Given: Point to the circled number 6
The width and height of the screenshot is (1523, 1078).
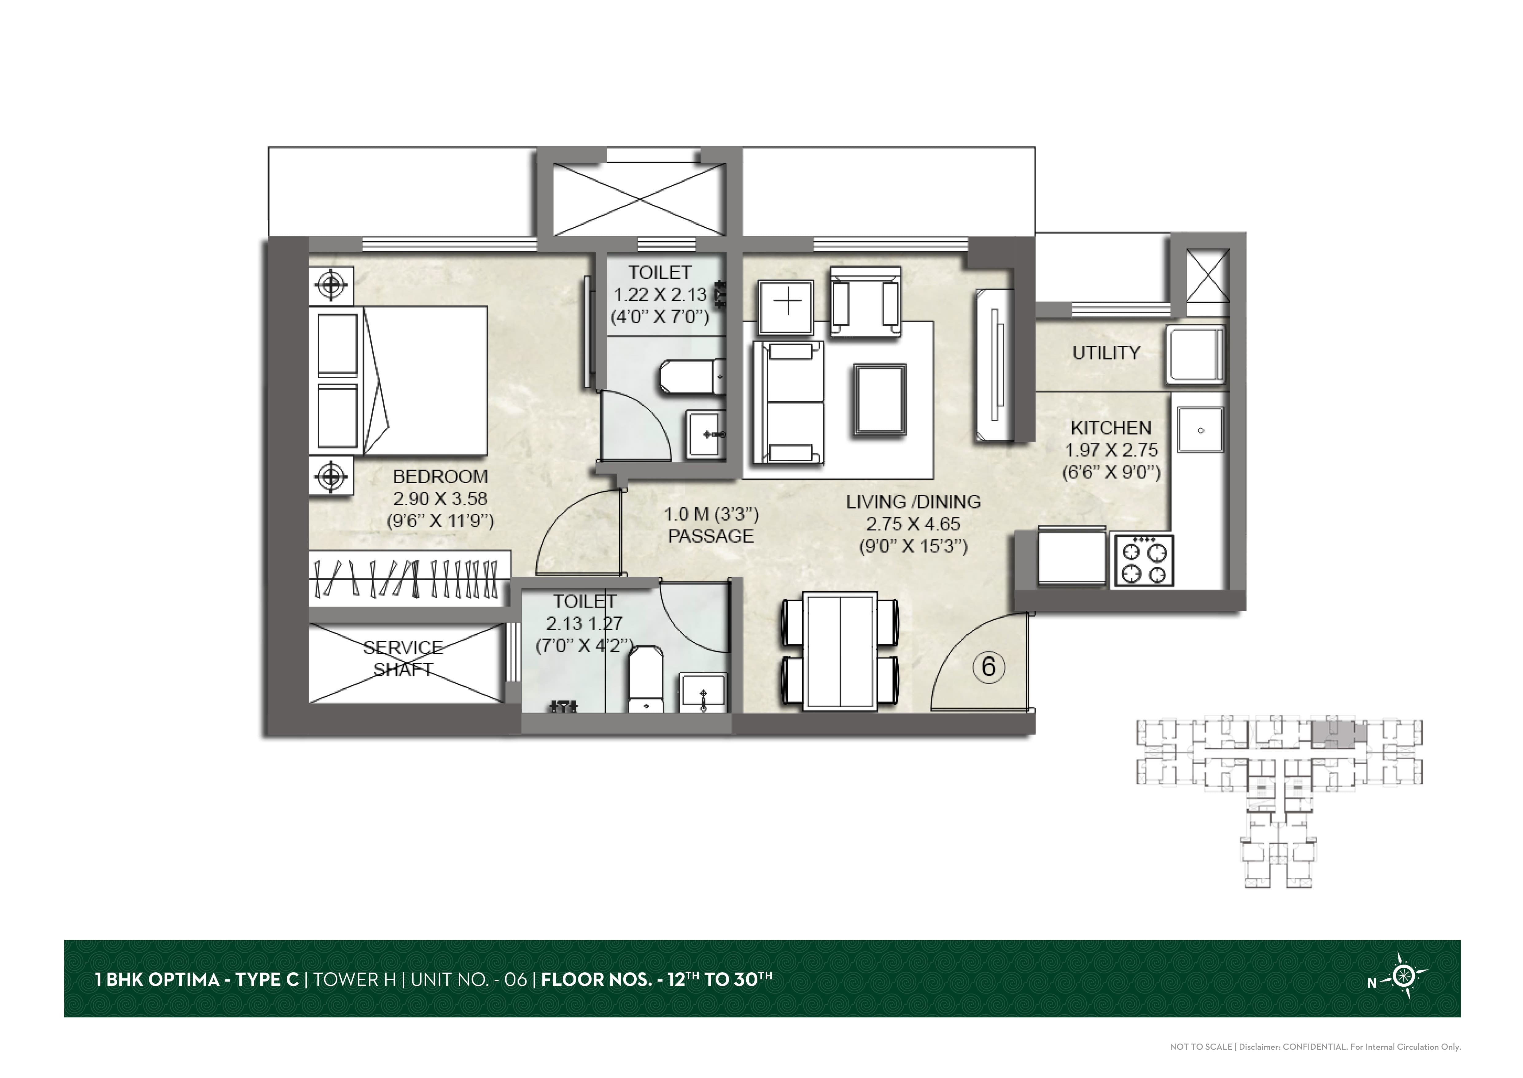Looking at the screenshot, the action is [x=988, y=667].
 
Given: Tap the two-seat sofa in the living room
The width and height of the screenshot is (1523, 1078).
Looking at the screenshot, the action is [x=788, y=402].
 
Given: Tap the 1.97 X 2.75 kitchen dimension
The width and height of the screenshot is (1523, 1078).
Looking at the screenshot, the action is [x=1111, y=450].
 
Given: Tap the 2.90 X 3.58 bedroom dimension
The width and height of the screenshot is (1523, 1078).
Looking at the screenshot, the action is [x=440, y=498].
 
